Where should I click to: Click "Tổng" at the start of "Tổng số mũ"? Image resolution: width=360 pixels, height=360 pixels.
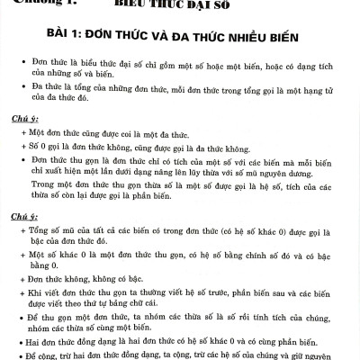pos(41,231)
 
